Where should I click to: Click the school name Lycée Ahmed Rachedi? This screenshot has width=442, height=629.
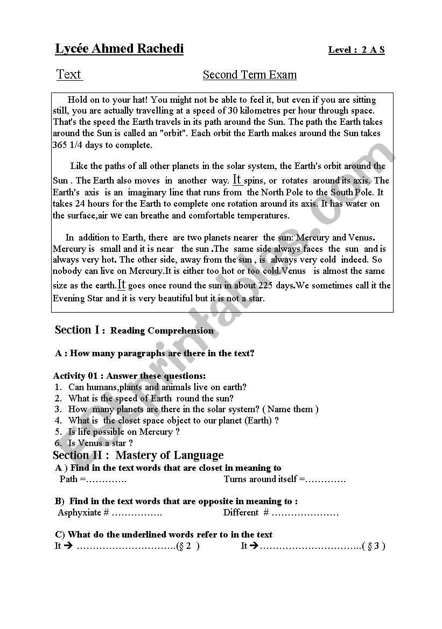click(x=120, y=49)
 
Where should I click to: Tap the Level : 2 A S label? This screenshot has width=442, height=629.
click(x=356, y=50)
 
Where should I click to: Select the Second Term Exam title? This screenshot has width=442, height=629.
click(x=249, y=75)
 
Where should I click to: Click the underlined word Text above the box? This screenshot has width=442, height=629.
click(x=69, y=75)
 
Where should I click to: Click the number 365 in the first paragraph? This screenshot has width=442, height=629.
click(x=60, y=145)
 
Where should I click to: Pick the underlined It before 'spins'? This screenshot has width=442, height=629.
click(x=237, y=180)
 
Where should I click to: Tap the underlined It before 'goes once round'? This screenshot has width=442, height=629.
click(x=121, y=285)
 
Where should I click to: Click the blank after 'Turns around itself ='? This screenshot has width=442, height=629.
click(x=326, y=479)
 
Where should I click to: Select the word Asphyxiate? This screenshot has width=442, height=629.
click(x=79, y=512)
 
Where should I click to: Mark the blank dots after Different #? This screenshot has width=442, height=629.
click(x=305, y=512)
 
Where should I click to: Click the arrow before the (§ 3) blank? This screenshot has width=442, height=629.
click(x=254, y=546)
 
